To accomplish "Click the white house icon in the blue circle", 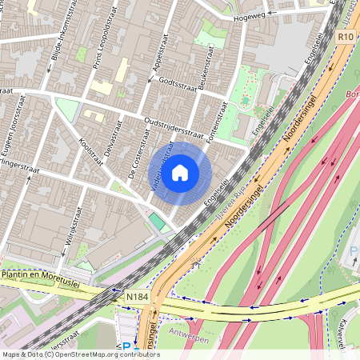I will coord(180,172).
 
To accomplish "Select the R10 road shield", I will coord(345,37).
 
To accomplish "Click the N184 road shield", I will coord(137,297).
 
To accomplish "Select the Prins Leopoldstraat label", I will coord(112,53).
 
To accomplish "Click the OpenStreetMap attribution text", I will coord(80,354).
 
